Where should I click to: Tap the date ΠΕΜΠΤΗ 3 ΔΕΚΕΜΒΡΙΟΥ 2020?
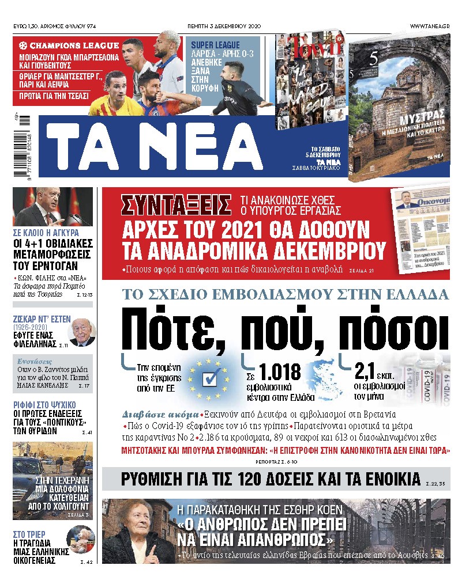pos(236,26)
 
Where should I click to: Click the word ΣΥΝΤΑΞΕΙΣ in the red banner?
pos(178,205)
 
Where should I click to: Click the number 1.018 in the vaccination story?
pos(279,371)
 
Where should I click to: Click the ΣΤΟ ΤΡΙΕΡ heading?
pos(29,534)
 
